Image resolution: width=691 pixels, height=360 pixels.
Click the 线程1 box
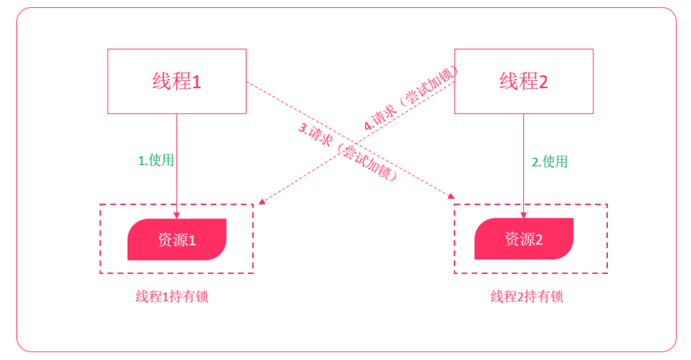tap(177, 81)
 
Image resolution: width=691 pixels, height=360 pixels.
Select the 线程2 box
tap(523, 81)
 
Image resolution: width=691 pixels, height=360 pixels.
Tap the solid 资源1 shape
tap(177, 240)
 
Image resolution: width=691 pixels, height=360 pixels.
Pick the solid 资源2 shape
tap(523, 239)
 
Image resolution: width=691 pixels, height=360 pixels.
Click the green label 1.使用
tap(156, 160)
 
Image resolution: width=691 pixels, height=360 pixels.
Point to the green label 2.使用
tap(549, 161)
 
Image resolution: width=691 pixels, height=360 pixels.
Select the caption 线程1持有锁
tap(172, 297)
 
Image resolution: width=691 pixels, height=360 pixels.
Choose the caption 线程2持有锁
tap(527, 297)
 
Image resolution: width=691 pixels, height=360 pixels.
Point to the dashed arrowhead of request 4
tap(261, 202)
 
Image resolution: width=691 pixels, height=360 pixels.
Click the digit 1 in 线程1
tap(197, 82)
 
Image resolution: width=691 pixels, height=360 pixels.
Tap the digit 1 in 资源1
tap(192, 240)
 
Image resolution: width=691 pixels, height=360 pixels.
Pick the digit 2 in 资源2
tap(539, 240)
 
